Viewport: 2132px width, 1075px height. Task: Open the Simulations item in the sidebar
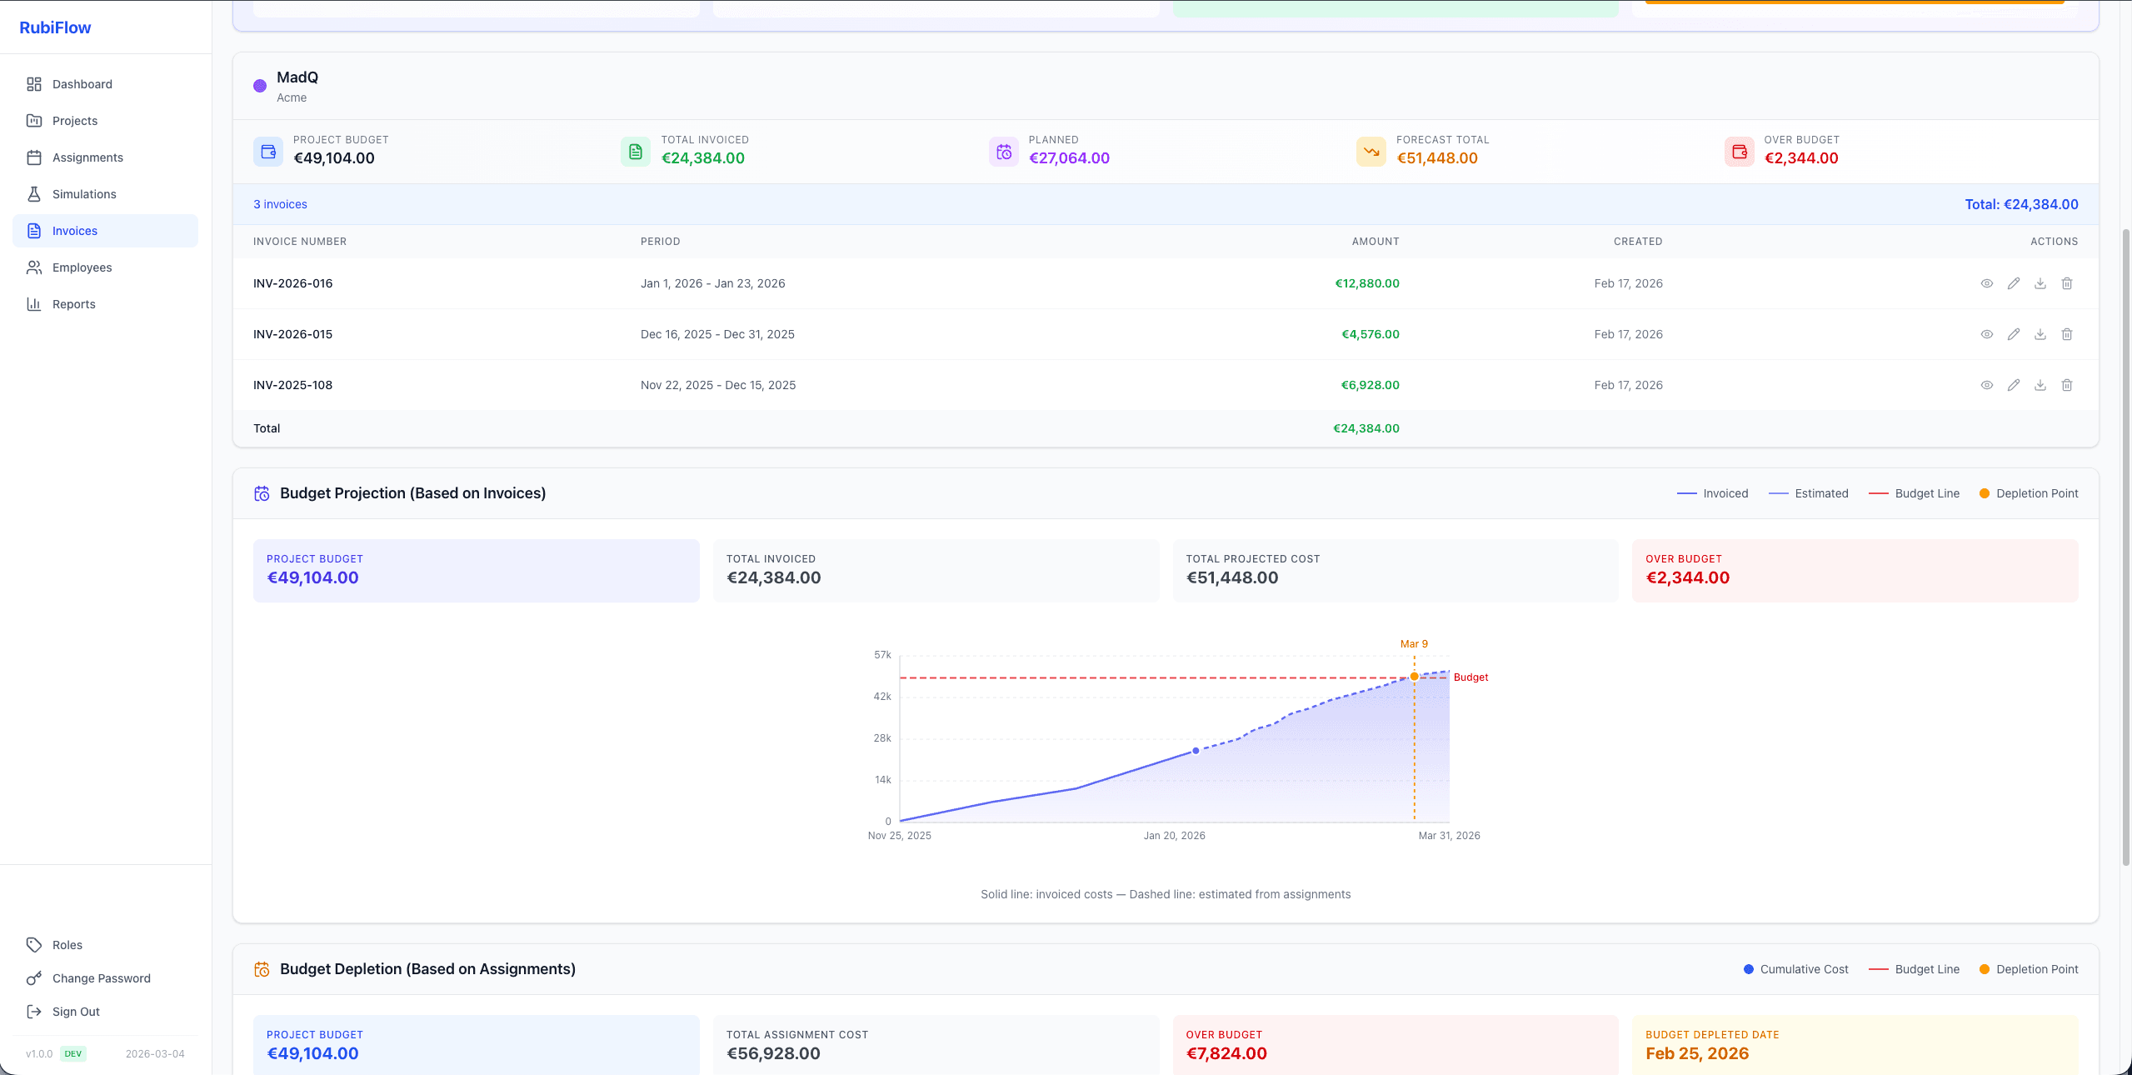[x=83, y=194]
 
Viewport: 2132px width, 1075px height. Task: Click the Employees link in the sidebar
[x=82, y=267]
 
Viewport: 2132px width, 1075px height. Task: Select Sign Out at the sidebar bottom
[x=75, y=1012]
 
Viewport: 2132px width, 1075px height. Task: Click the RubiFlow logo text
[x=55, y=27]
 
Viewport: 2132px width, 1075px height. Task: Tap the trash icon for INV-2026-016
[x=2066, y=283]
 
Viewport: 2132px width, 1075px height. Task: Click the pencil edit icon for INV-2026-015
[x=2013, y=334]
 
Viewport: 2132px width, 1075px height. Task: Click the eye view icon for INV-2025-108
[x=1986, y=385]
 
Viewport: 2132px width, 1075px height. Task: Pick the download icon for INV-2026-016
[x=2040, y=283]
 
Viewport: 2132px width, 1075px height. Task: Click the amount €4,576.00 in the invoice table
[x=1370, y=334]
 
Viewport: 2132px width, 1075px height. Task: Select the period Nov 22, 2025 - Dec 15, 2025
[x=717, y=385]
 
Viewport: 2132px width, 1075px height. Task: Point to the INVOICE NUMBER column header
[x=300, y=242]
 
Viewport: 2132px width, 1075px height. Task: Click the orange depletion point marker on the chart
[x=1414, y=677]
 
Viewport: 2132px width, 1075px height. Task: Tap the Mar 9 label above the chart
[x=1414, y=644]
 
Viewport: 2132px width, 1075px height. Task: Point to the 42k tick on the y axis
[x=882, y=697]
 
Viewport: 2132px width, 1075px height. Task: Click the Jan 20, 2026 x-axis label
[x=1174, y=836]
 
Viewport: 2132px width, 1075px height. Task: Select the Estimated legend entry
[x=1820, y=493]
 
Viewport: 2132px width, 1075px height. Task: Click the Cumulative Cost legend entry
[x=1803, y=969]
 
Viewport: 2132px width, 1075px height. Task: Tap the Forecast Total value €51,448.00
[x=1437, y=158]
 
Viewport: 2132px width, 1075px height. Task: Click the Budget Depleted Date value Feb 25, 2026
[x=1696, y=1053]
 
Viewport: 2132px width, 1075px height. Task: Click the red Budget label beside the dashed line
[x=1470, y=677]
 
